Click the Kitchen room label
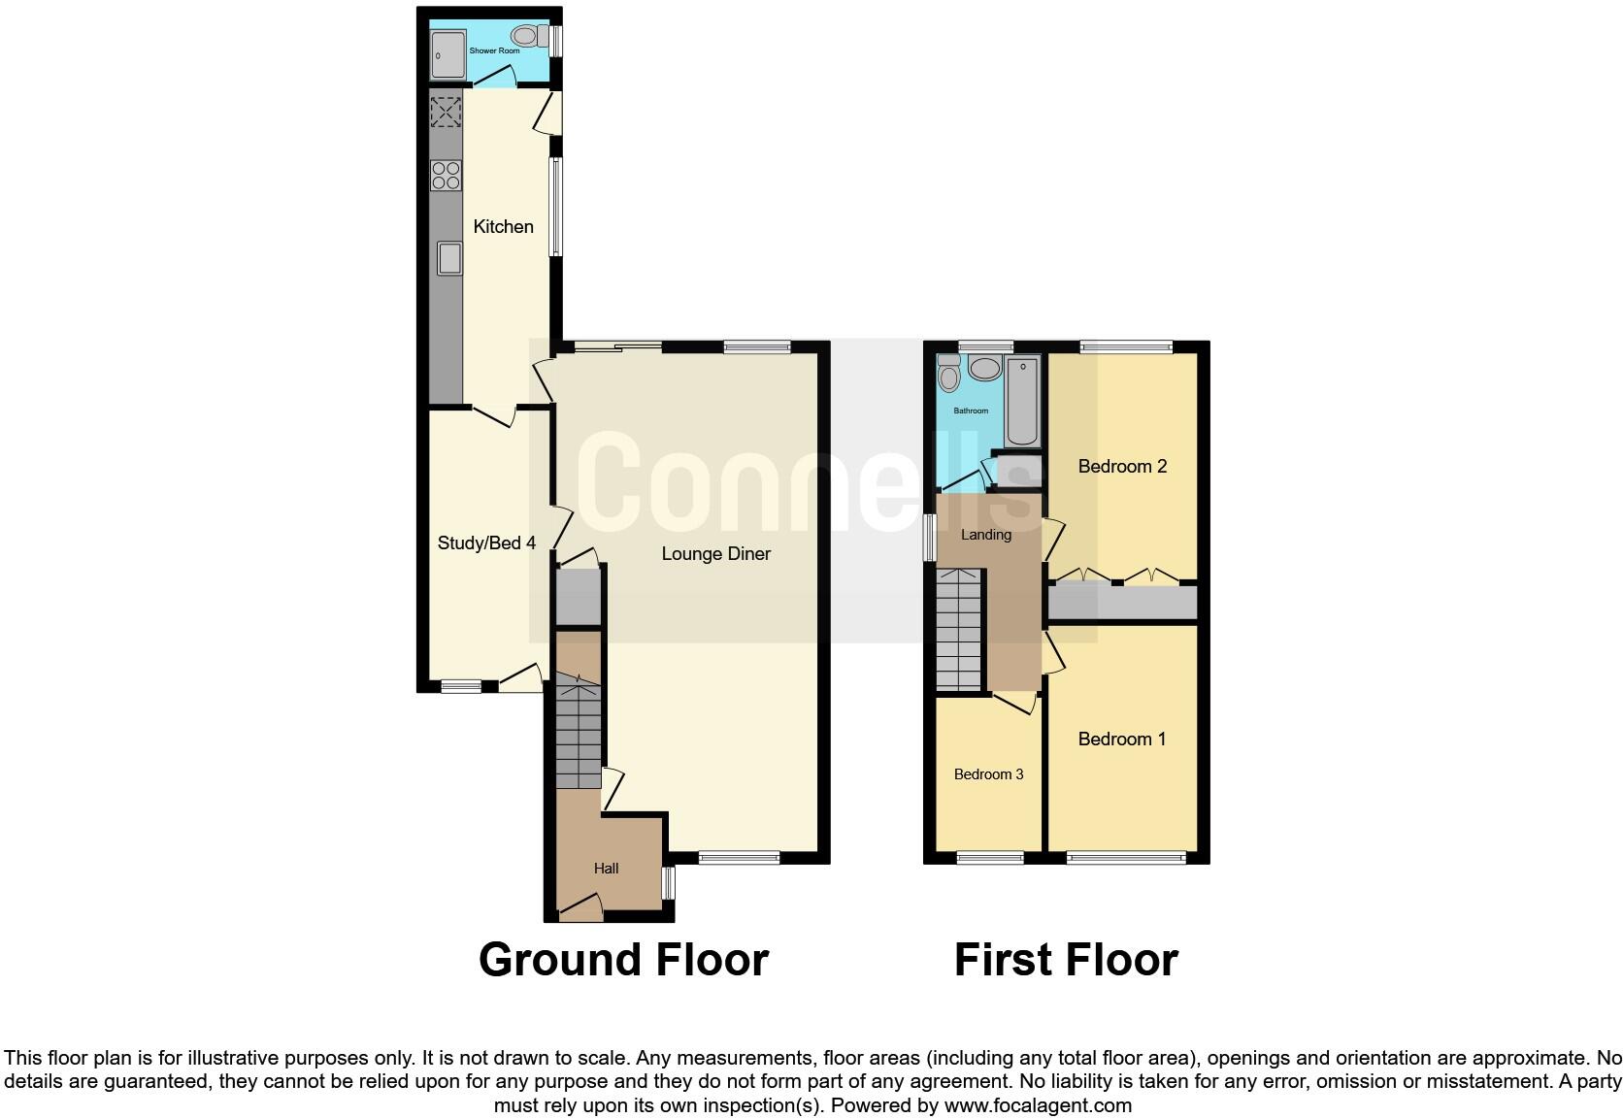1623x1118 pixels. coord(503,227)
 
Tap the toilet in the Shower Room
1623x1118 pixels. coord(524,36)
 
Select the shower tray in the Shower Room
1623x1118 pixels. coord(448,53)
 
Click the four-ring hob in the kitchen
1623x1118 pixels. coord(446,176)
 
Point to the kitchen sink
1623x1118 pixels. coord(448,257)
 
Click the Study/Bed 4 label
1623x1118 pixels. coord(486,543)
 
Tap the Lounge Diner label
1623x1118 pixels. coord(715,554)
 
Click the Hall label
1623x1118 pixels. coord(606,869)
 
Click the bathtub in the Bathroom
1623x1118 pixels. coord(1022,400)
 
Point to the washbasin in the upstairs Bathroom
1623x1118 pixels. coord(985,369)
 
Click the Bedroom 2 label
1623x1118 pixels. coord(1122,467)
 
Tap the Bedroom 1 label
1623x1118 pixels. coord(1121,740)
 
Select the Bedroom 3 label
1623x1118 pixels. coord(988,774)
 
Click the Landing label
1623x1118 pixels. coord(985,535)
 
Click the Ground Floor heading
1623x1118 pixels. coord(623,960)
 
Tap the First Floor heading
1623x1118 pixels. coord(1065,960)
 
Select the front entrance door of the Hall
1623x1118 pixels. coord(580,910)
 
